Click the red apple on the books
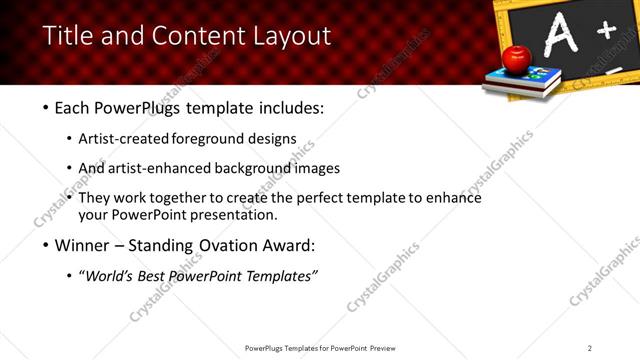click(516, 59)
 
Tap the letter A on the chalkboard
click(557, 39)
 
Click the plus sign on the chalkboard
click(605, 30)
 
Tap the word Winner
click(86, 244)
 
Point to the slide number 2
click(590, 348)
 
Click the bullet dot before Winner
click(45, 245)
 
